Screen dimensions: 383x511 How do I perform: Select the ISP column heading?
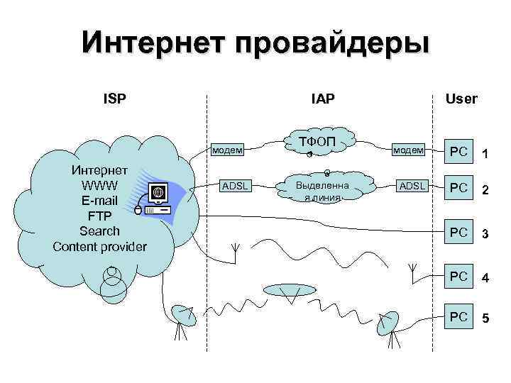(115, 98)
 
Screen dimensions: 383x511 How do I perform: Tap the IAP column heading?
(322, 98)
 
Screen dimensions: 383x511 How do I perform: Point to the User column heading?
(461, 99)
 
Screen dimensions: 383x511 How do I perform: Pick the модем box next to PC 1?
(409, 150)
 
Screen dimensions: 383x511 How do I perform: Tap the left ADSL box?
(234, 187)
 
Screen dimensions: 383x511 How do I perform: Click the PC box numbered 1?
(459, 152)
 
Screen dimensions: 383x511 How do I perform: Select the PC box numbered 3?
(459, 232)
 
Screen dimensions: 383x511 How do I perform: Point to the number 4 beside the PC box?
(485, 279)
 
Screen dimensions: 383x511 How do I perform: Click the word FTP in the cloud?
(99, 216)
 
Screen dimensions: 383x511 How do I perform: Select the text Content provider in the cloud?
(99, 247)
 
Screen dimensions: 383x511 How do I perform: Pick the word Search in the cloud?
(99, 231)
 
